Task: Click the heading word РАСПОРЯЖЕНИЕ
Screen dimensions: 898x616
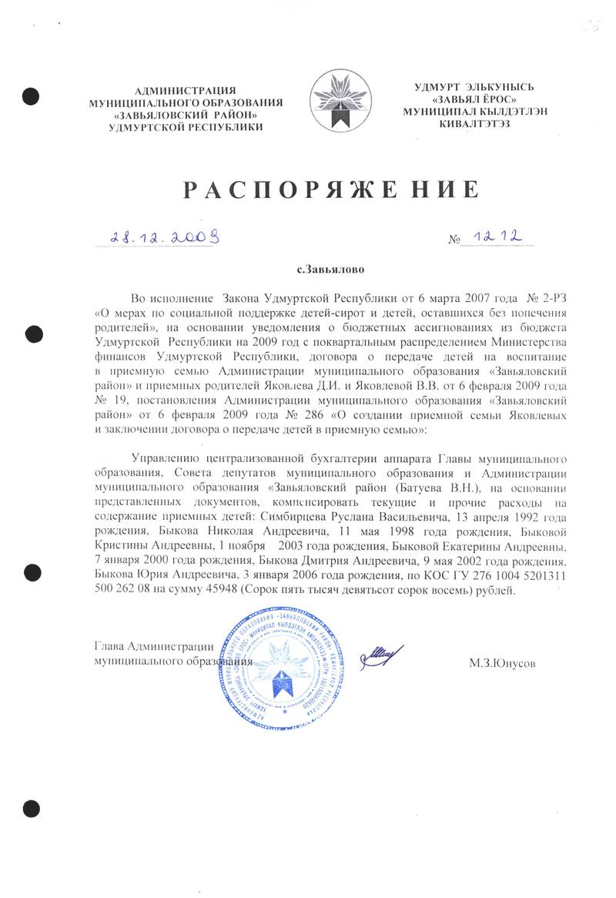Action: pos(330,188)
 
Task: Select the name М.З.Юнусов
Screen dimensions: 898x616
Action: pos(502,662)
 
